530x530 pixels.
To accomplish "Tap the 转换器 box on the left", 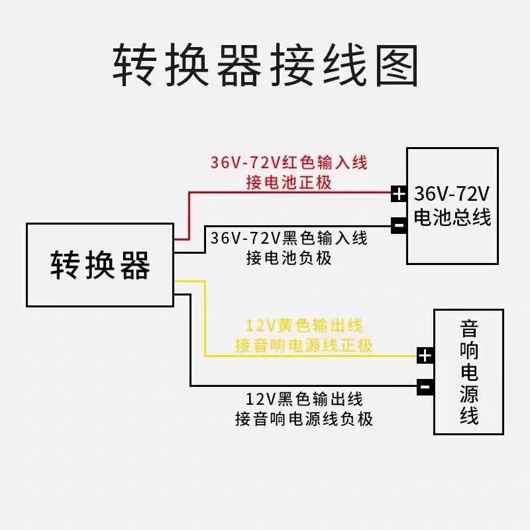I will pos(100,265).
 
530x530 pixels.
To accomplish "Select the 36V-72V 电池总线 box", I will pos(452,206).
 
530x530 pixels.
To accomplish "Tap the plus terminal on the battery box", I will pos(398,194).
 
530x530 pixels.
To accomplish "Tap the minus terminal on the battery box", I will pos(398,225).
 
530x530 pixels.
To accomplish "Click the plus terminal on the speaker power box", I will pos(425,356).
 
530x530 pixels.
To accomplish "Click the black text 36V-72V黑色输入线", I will pos(288,237).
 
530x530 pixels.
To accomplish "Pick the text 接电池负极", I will pos(288,257).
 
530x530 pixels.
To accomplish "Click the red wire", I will pos(291,193).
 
